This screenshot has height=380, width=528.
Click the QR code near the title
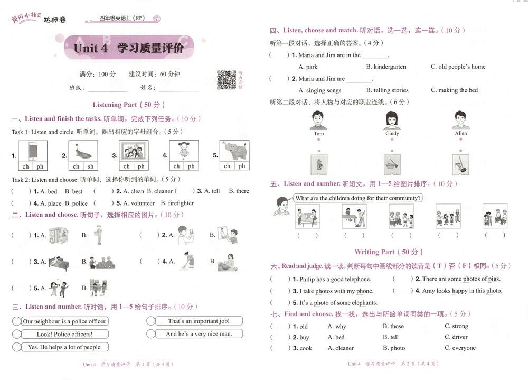pos(227,79)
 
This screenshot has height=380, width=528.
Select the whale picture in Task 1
pos(83,151)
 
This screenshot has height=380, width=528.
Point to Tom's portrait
pos(318,121)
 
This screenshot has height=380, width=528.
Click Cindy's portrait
pos(392,121)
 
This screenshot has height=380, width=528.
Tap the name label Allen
pos(461,134)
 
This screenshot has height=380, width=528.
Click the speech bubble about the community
pos(358,198)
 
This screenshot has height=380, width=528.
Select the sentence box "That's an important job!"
pos(199,321)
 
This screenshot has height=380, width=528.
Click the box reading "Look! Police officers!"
pos(64,334)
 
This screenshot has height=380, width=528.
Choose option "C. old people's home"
pos(458,67)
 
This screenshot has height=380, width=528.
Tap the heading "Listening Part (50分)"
pos(129,105)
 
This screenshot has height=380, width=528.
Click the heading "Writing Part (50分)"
pos(389,252)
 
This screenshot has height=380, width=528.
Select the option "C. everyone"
pos(460,348)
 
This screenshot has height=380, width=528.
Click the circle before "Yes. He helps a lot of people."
pos(16,347)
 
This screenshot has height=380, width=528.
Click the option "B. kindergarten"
pos(386,67)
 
